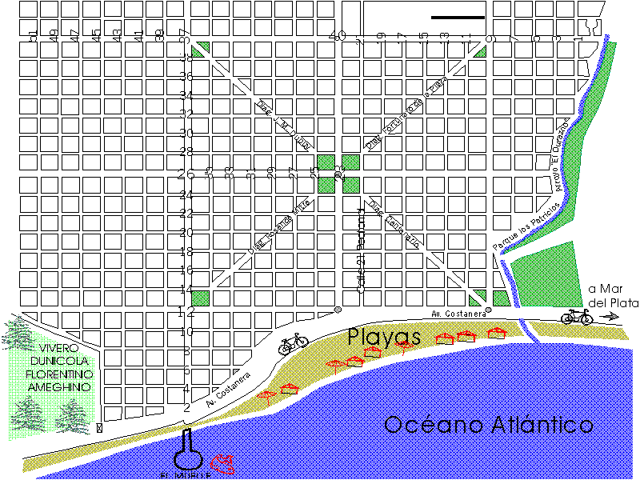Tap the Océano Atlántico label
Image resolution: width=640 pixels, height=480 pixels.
point(489,424)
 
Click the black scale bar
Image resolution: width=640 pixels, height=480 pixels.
point(458,17)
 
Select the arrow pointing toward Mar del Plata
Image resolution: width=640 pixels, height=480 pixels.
point(610,318)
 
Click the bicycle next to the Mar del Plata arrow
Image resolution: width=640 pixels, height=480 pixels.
point(577,317)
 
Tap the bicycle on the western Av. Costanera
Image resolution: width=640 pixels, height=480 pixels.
point(294,343)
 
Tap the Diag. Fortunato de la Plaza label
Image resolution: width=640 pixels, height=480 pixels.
point(406,113)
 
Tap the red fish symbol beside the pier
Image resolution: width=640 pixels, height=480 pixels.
point(222,462)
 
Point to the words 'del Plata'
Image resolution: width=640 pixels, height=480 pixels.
point(613,303)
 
